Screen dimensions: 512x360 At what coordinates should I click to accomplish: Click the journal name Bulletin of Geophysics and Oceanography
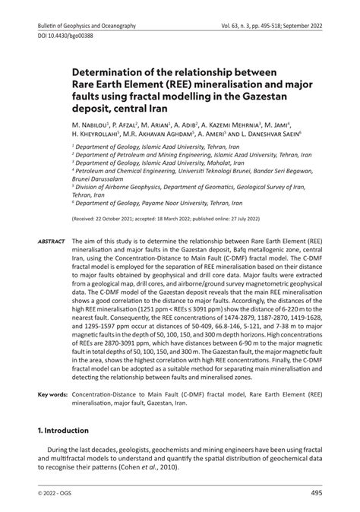(x=87, y=26)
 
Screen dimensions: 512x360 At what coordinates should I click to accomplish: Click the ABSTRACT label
(x=51, y=241)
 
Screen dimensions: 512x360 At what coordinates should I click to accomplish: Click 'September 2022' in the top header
(x=302, y=26)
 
